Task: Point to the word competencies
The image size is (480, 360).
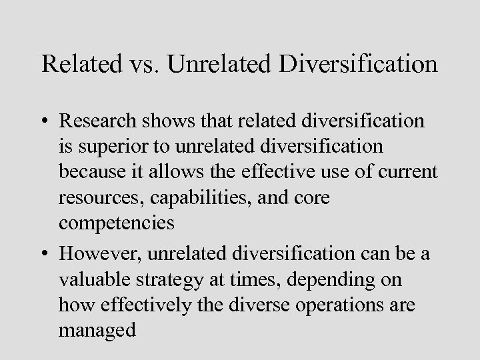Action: (x=117, y=223)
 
